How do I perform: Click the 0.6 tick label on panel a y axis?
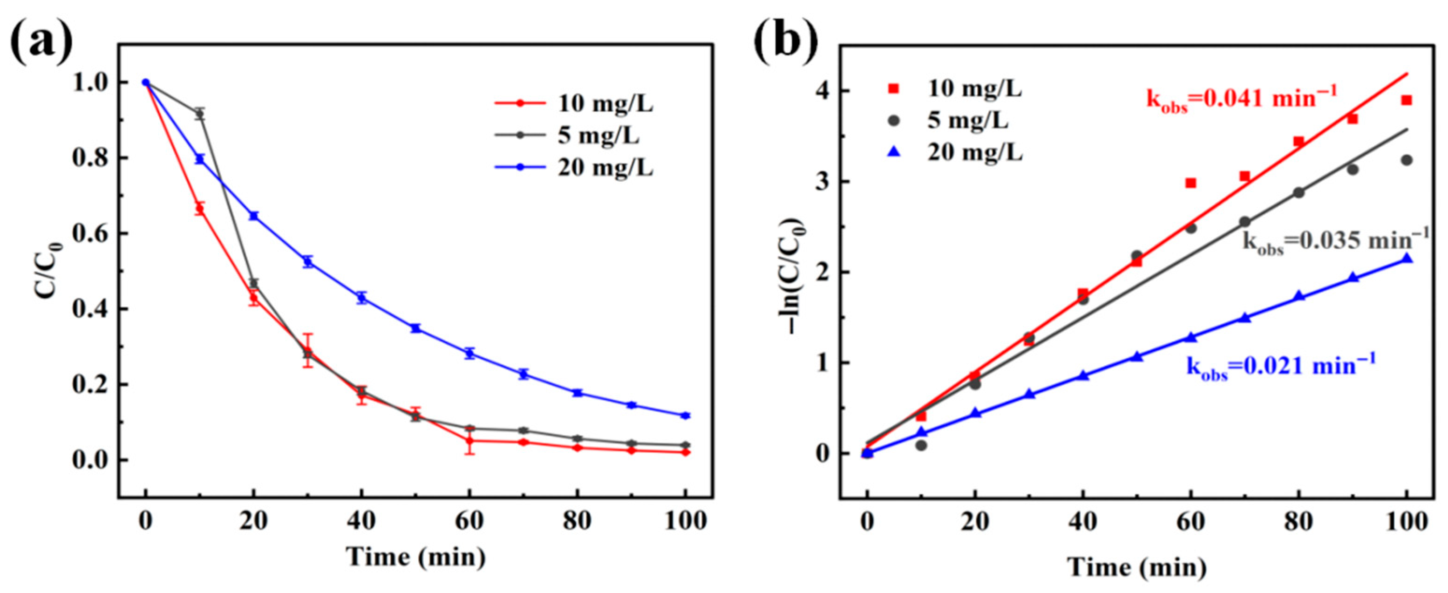[x=90, y=233]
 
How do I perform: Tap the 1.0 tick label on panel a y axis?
[x=90, y=82]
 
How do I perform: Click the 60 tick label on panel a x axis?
[x=469, y=522]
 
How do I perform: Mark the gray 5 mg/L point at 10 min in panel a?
[x=199, y=114]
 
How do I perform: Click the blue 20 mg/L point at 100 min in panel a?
[x=685, y=416]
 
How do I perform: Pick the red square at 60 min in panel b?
[x=1190, y=183]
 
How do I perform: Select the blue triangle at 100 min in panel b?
[x=1407, y=258]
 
